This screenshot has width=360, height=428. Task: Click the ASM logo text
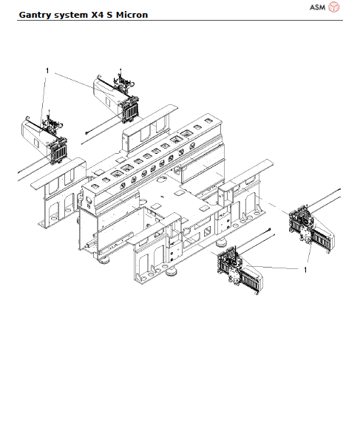click(316, 7)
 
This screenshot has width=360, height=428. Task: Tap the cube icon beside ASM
click(334, 7)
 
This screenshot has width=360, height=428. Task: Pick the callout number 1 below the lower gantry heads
click(305, 271)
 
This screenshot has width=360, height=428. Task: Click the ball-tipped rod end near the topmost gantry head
click(86, 134)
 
